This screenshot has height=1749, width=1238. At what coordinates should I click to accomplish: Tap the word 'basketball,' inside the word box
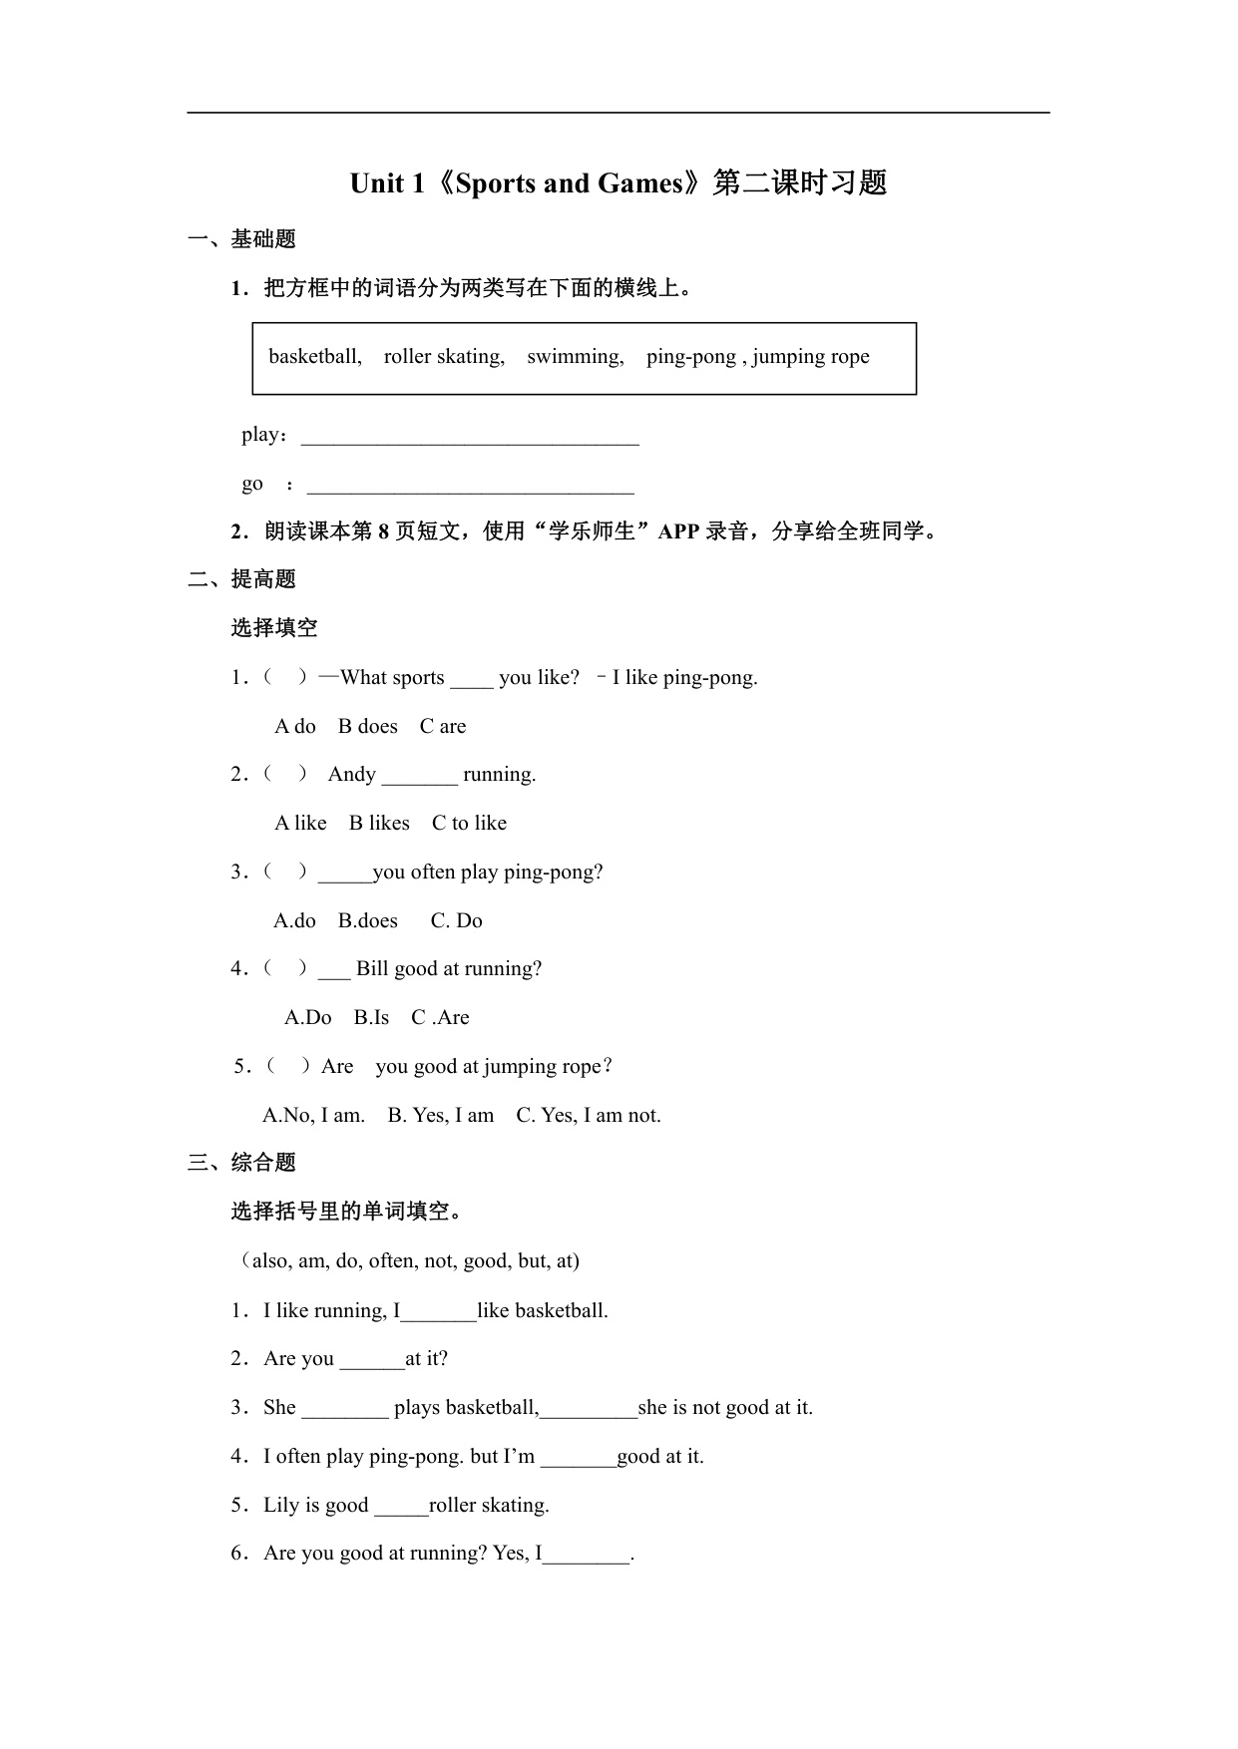[315, 357]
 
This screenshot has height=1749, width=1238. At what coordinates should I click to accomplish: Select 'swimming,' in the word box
[576, 357]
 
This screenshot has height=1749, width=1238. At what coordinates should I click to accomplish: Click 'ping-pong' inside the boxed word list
[690, 357]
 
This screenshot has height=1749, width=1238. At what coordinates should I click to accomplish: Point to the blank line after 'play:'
[470, 439]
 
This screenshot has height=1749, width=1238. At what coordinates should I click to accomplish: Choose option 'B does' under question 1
[367, 727]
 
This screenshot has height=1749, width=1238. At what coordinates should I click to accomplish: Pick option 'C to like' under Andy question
[469, 824]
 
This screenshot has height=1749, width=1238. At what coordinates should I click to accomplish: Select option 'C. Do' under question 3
[456, 921]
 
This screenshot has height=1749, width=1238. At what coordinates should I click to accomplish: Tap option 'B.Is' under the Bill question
[371, 1018]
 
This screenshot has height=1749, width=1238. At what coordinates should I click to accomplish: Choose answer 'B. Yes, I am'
[440, 1116]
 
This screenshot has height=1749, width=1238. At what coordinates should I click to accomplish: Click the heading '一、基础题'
[241, 239]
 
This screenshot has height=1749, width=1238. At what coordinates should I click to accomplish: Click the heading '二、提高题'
[241, 579]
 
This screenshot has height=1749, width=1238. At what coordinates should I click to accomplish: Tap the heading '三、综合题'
[241, 1163]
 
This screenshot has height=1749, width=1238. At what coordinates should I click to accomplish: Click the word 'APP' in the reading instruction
[678, 531]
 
